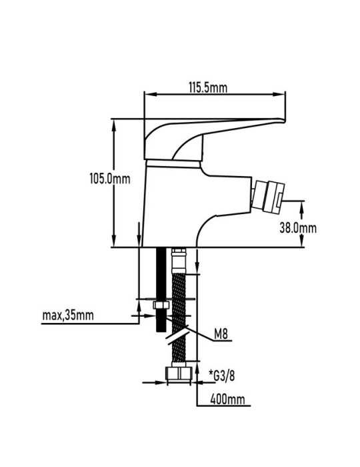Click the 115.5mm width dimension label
point(208,88)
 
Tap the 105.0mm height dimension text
point(110,179)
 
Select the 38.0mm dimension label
point(298,228)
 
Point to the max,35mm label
point(68,315)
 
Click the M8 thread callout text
point(221,334)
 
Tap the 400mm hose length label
point(227,399)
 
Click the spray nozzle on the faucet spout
point(267,197)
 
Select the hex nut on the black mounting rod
point(161,305)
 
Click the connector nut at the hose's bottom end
point(179,374)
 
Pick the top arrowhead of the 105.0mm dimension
point(113,125)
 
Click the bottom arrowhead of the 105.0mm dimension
point(113,241)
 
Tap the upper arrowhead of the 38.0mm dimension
point(301,207)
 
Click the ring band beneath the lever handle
point(173,164)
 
